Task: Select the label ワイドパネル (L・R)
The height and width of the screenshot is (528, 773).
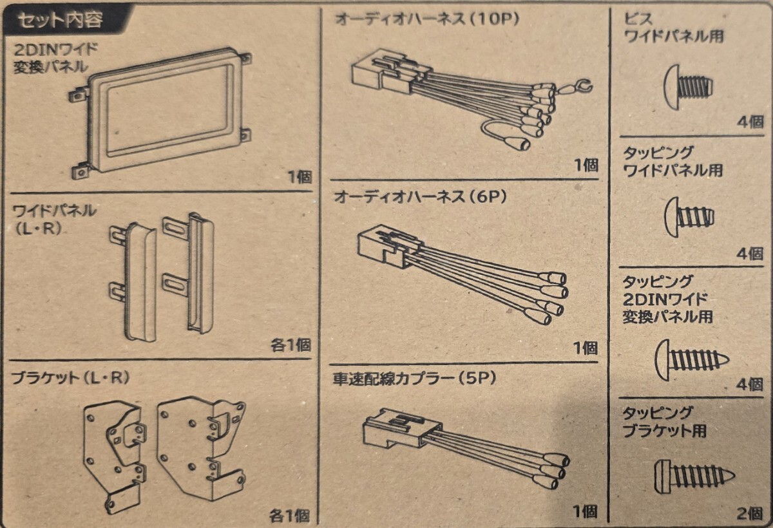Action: click(55, 219)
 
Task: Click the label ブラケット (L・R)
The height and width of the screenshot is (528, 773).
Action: click(71, 378)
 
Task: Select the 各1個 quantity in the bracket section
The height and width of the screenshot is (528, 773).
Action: click(289, 514)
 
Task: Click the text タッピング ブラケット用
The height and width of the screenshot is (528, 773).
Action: click(663, 422)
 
